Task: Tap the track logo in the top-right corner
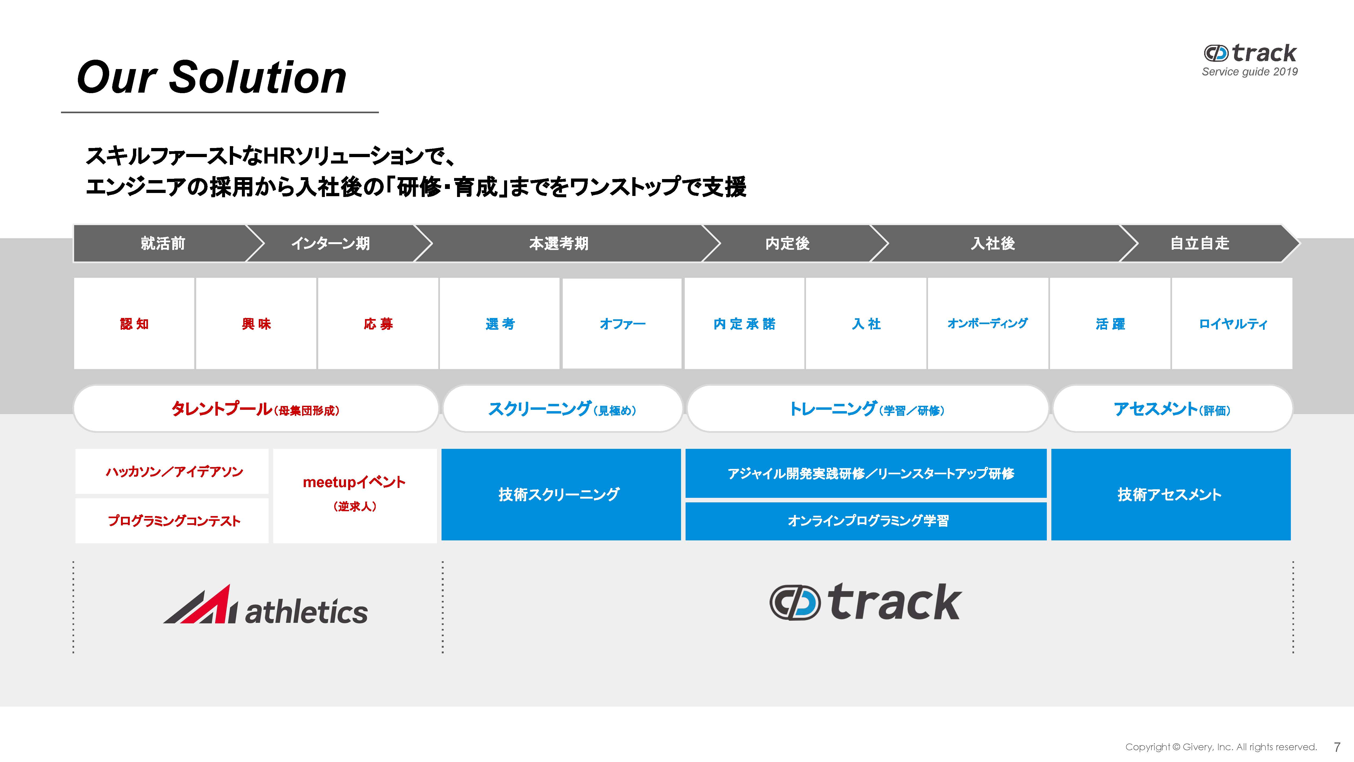1250,54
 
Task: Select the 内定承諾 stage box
744,323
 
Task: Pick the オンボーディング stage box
988,323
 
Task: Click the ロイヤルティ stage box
1232,323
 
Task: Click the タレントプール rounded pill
256,409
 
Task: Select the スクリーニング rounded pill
562,409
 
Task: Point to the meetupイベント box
355,495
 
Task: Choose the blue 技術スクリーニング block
561,494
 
